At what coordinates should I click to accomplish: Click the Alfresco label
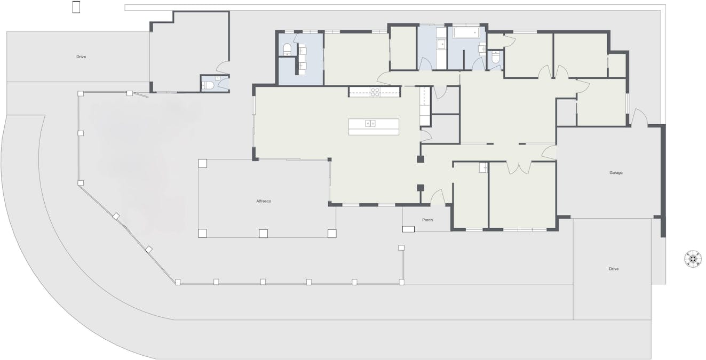(264, 201)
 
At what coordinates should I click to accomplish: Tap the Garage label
(616, 173)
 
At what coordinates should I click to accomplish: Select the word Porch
(427, 220)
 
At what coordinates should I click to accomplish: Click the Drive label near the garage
(614, 269)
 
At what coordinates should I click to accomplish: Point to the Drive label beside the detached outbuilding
(81, 57)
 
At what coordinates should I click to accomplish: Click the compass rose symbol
(693, 259)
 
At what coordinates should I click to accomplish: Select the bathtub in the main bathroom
(466, 33)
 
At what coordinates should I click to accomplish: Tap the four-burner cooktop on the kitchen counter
(375, 92)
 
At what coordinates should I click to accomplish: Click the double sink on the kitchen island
(370, 124)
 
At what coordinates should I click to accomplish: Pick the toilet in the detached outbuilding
(208, 85)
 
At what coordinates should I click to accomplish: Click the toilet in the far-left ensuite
(287, 50)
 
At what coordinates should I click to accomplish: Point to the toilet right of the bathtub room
(495, 59)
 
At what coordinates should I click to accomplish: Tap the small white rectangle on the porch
(408, 229)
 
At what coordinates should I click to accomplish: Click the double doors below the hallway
(519, 167)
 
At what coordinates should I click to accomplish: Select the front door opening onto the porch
(438, 197)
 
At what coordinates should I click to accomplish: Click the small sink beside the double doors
(483, 167)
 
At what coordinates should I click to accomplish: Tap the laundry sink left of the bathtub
(441, 45)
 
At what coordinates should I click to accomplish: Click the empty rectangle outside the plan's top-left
(76, 7)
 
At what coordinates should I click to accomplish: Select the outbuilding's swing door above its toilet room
(223, 68)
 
